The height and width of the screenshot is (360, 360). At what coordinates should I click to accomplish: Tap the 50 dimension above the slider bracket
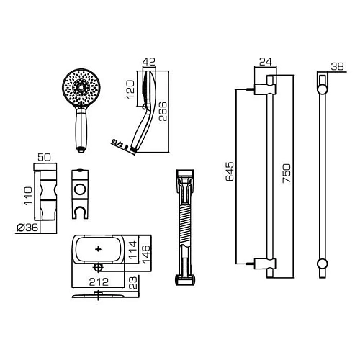(42, 156)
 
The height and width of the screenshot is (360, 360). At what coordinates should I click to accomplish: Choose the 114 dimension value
(131, 250)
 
